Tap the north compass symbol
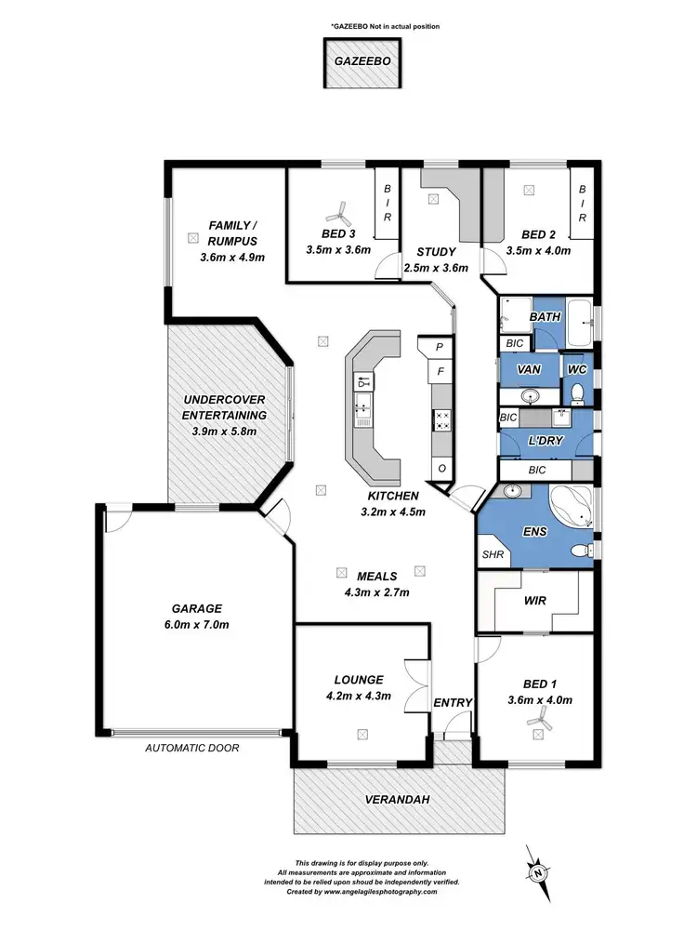[x=537, y=871]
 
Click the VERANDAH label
[x=399, y=799]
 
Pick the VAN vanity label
[x=529, y=369]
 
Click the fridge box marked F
[x=441, y=375]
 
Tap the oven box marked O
[x=441, y=467]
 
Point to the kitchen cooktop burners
[x=442, y=420]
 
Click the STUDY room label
[x=435, y=251]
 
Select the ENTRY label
[x=454, y=702]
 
